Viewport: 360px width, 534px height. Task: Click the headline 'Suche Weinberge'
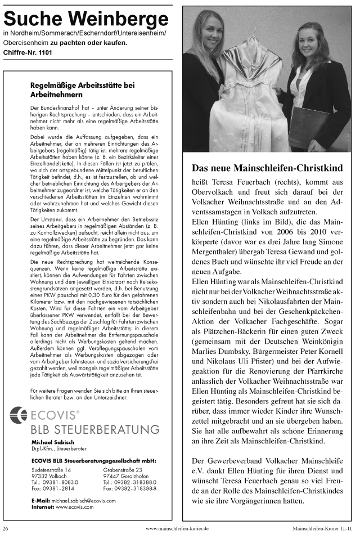pos(86,20)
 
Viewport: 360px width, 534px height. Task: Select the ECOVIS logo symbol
pos(19,415)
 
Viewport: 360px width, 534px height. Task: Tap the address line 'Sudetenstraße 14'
pos(51,469)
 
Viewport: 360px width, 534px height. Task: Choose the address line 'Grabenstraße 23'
pos(123,469)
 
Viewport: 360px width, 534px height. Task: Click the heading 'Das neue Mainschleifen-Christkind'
pos(267,168)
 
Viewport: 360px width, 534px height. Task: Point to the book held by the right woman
pos(310,126)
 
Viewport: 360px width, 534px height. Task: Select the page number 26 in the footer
pos(6,528)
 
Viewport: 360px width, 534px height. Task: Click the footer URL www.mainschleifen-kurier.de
pos(177,528)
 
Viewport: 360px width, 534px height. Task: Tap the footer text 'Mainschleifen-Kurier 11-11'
pos(324,528)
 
